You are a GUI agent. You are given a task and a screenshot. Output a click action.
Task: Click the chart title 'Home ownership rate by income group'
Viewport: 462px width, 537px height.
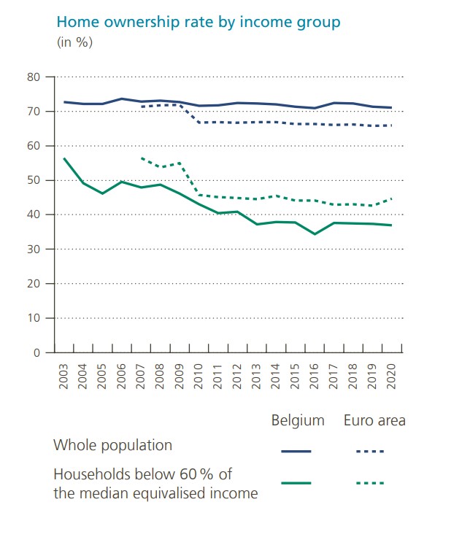tap(199, 22)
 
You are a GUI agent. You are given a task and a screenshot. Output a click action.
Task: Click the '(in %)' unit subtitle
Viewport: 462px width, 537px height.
tap(74, 42)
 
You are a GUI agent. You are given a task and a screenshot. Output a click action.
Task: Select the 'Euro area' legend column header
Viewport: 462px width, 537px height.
tap(374, 421)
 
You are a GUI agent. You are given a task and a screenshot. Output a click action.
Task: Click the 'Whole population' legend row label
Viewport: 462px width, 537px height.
tap(113, 445)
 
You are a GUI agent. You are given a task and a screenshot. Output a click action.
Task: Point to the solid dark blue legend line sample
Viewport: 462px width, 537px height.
tap(296, 452)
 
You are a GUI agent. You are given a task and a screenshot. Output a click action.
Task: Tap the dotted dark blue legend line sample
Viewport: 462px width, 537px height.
tap(370, 452)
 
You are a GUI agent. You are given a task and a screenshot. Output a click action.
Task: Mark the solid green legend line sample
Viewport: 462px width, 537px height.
tap(296, 483)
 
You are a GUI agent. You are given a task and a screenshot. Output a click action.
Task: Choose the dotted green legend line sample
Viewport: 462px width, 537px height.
tap(370, 483)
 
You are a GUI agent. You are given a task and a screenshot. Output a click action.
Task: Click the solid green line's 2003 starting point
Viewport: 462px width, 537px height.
tap(64, 158)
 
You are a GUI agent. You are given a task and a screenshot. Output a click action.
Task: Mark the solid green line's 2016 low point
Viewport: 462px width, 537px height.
tap(314, 234)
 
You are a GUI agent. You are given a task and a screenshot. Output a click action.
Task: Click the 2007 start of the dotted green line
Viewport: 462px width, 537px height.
tap(140, 158)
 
